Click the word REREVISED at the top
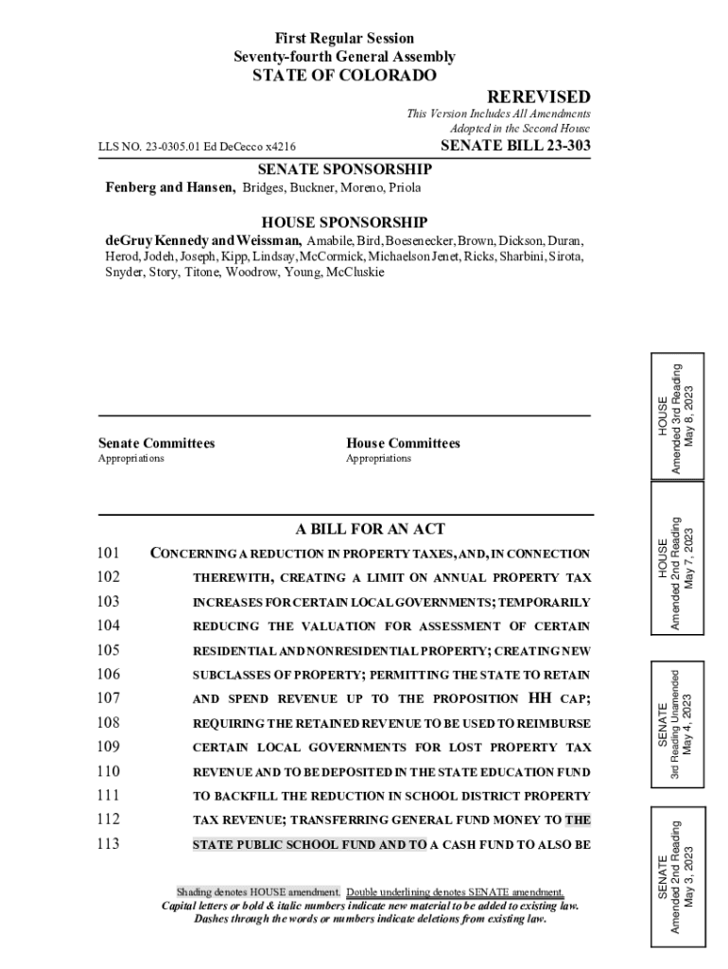click(x=538, y=97)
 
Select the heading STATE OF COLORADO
click(x=344, y=76)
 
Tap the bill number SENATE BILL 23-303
click(x=515, y=146)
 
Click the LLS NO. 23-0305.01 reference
click(x=197, y=147)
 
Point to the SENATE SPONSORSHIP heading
click(x=344, y=169)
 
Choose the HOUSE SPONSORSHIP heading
click(x=344, y=222)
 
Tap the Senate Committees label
click(x=156, y=443)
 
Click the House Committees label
click(x=403, y=443)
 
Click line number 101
click(x=108, y=554)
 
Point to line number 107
click(x=108, y=698)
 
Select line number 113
click(x=108, y=844)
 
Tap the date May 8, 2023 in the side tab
click(x=695, y=414)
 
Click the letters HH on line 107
click(x=536, y=698)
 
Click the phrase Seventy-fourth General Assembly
click(x=344, y=57)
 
